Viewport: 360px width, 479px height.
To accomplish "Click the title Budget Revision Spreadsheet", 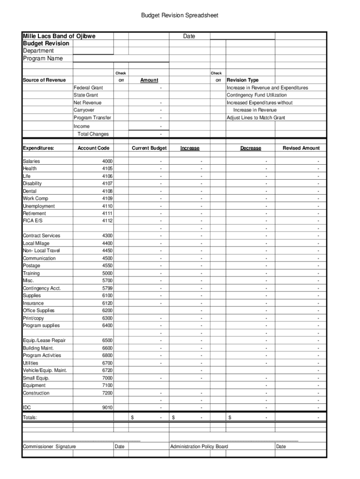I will click(x=180, y=16).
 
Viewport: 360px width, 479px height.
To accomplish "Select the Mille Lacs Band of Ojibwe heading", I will click(x=59, y=36).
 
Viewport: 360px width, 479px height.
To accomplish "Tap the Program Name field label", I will click(x=43, y=58).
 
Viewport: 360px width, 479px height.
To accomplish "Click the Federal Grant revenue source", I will click(x=88, y=88).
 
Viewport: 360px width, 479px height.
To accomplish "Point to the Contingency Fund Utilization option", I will click(x=257, y=95).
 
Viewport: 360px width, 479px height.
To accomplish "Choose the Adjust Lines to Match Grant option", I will click(x=256, y=118).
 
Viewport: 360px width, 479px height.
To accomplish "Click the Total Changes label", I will click(x=93, y=134).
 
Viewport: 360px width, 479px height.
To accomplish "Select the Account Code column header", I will click(x=94, y=148).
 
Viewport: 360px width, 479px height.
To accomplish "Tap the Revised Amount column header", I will click(x=301, y=148).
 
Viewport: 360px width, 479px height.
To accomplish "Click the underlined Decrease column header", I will click(x=251, y=148).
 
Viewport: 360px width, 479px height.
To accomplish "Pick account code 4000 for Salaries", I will click(x=107, y=161).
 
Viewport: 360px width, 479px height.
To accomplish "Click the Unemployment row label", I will click(x=39, y=206).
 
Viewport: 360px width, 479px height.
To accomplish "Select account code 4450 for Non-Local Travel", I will click(x=107, y=251).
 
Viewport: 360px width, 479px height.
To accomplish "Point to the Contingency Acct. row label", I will click(x=42, y=288).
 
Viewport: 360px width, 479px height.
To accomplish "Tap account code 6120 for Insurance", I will click(x=107, y=303).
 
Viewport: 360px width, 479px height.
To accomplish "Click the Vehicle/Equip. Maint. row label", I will click(x=45, y=370).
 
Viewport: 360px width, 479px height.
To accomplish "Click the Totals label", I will click(x=30, y=417).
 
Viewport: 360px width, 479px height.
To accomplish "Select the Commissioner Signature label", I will click(x=49, y=447).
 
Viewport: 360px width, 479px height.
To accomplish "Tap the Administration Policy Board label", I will click(x=199, y=447).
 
